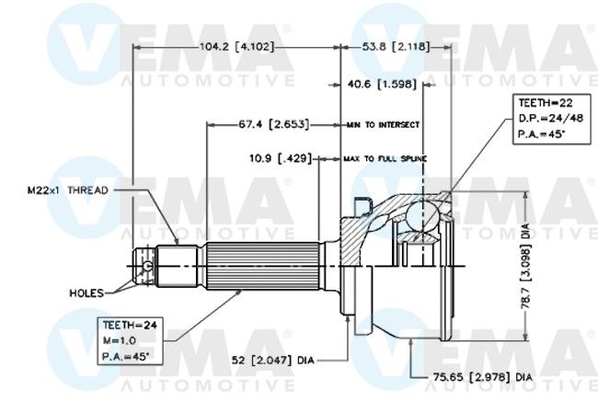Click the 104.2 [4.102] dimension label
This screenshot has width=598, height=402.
tap(236, 47)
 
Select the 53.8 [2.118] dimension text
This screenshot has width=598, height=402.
tap(396, 47)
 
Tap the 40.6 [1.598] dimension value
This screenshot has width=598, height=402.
tap(382, 84)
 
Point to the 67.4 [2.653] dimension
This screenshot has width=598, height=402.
tap(274, 124)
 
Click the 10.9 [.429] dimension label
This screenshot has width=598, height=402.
tap(281, 158)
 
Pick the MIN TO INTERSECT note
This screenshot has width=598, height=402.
tap(383, 125)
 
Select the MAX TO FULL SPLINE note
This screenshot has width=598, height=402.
tap(385, 158)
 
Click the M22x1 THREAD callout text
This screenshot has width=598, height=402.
tap(68, 190)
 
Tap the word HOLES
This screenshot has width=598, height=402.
tap(86, 293)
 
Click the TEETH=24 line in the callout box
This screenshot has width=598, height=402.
tap(130, 325)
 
